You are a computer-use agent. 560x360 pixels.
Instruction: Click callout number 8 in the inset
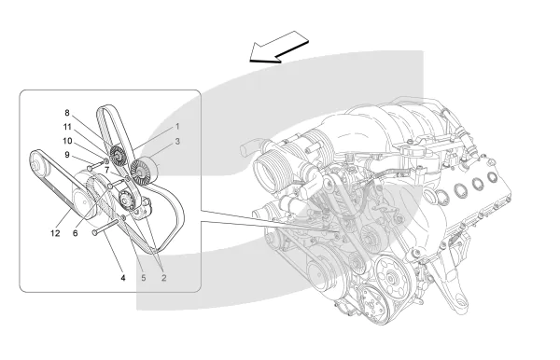[x=67, y=113]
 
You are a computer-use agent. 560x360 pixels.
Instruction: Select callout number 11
[x=67, y=127]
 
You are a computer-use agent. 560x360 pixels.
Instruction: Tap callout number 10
[x=67, y=141]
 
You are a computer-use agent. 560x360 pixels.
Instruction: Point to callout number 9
[x=67, y=155]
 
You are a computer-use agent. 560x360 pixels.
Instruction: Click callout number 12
[x=55, y=233]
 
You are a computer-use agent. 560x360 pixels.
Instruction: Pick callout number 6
[x=75, y=233]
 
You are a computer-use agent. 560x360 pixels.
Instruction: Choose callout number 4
[x=123, y=278]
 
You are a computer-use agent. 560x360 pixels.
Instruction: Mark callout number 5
[x=143, y=278]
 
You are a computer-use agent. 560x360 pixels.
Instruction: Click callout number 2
[x=164, y=278]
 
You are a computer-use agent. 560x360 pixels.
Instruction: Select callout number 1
[x=177, y=127]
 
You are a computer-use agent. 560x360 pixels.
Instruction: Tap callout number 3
[x=177, y=142]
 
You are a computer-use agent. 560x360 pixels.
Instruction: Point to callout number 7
[x=106, y=171]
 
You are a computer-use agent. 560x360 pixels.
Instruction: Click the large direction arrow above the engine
[x=279, y=47]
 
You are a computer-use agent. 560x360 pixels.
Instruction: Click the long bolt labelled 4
[x=105, y=228]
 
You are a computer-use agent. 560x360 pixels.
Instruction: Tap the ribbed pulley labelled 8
[x=118, y=156]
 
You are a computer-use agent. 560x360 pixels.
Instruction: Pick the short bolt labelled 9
[x=94, y=166]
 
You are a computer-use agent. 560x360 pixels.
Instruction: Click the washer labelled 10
[x=106, y=160]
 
